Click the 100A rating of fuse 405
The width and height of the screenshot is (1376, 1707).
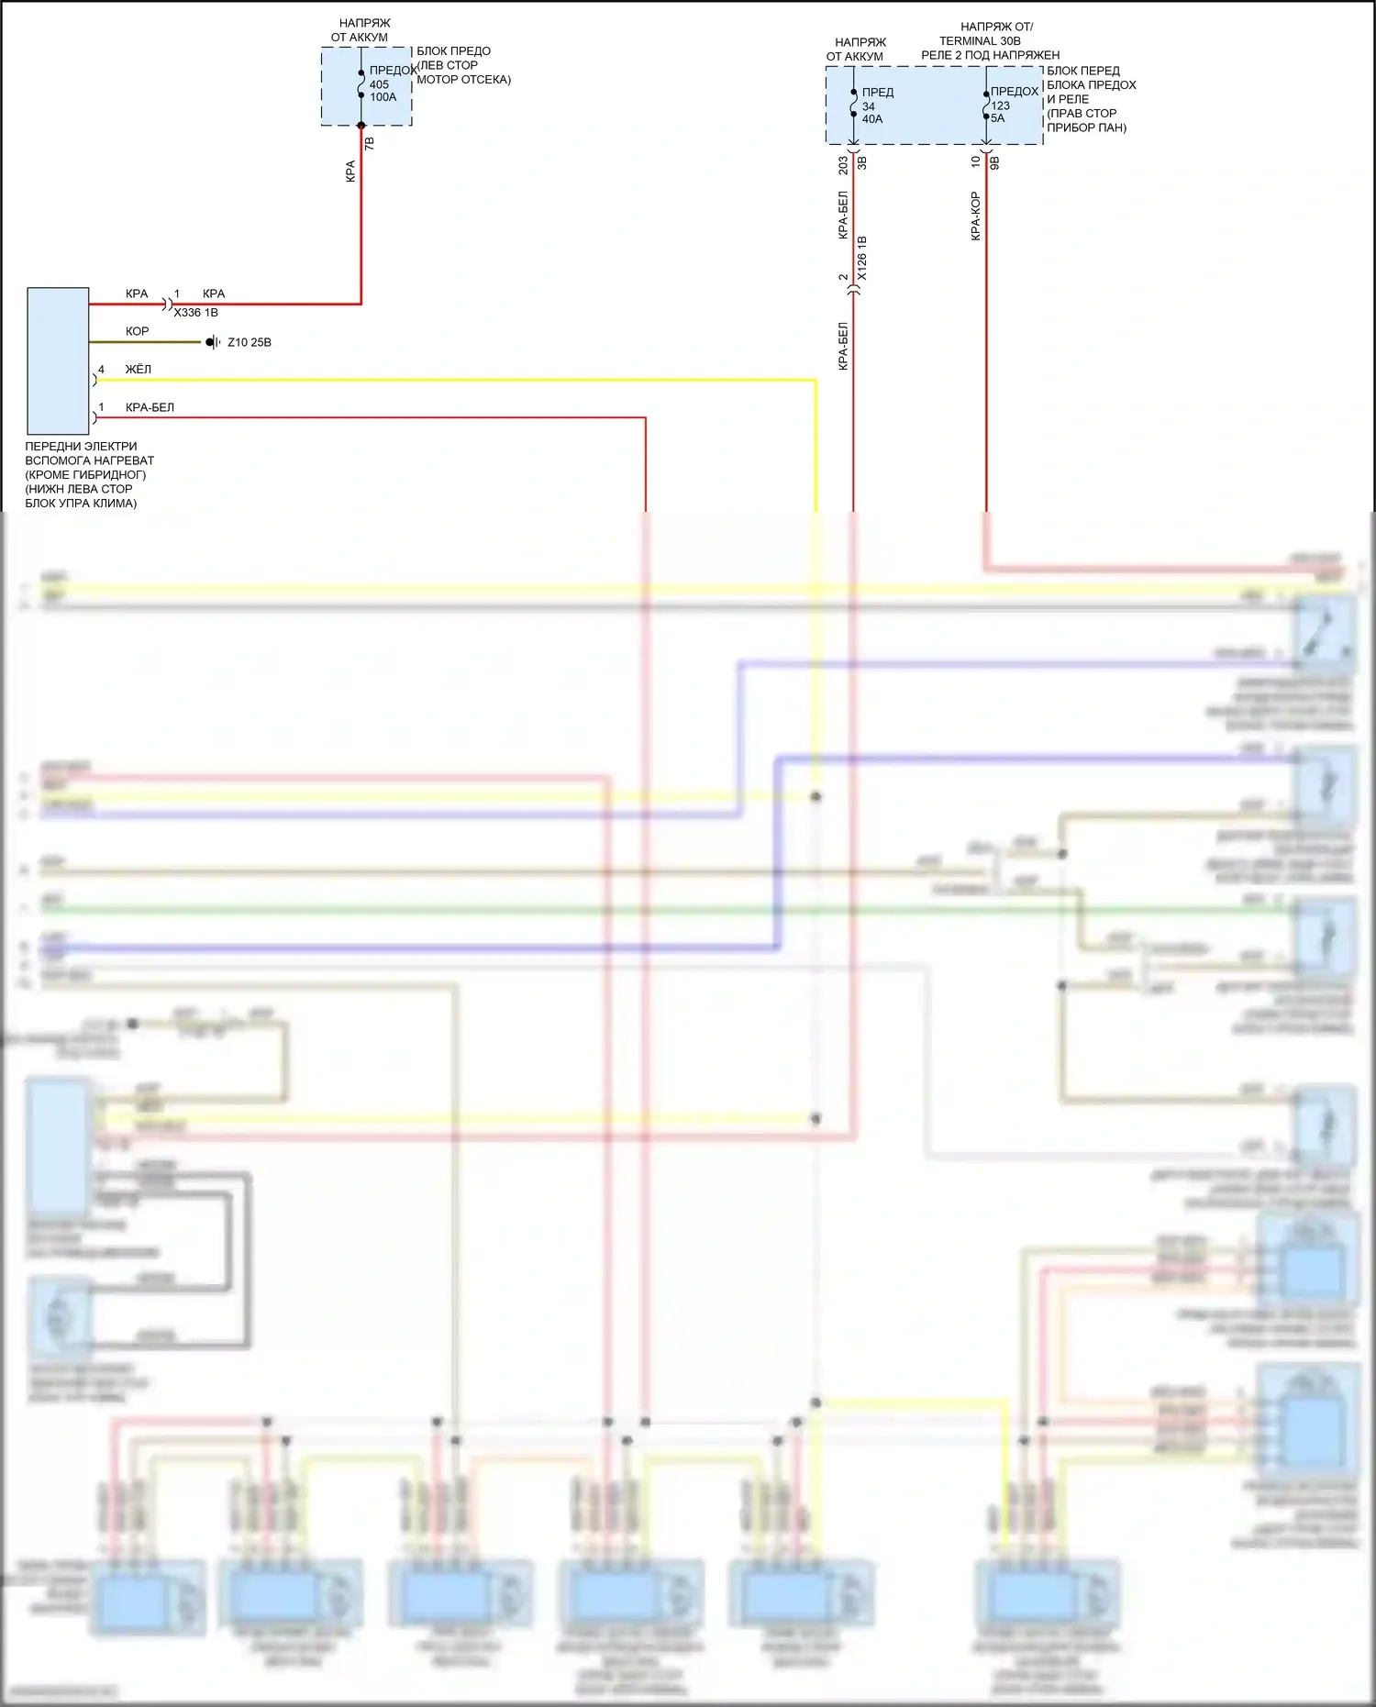[383, 97]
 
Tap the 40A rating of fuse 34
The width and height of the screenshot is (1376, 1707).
[872, 119]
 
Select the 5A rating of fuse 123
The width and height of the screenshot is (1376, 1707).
[998, 118]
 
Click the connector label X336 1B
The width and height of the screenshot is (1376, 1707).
[196, 313]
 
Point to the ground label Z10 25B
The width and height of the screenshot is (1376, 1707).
[250, 342]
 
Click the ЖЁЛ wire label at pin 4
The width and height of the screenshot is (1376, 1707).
[139, 370]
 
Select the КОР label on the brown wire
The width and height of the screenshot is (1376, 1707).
[137, 331]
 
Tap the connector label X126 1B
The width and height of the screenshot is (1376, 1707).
[862, 258]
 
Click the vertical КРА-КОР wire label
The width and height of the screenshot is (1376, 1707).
[976, 216]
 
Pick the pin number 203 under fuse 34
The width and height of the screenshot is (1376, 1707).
[843, 165]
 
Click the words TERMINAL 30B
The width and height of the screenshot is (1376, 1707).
[980, 41]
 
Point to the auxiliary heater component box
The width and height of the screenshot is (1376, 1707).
[58, 360]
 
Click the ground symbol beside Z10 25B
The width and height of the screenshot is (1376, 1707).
[212, 342]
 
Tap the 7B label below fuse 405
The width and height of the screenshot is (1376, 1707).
[370, 144]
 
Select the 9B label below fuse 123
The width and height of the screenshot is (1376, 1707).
[994, 162]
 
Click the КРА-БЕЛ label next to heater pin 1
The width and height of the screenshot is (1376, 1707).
[150, 407]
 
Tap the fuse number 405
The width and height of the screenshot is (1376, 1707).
[379, 84]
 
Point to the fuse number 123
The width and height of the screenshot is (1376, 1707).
[1000, 105]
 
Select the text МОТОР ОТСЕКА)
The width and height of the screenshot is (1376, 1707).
[463, 80]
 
